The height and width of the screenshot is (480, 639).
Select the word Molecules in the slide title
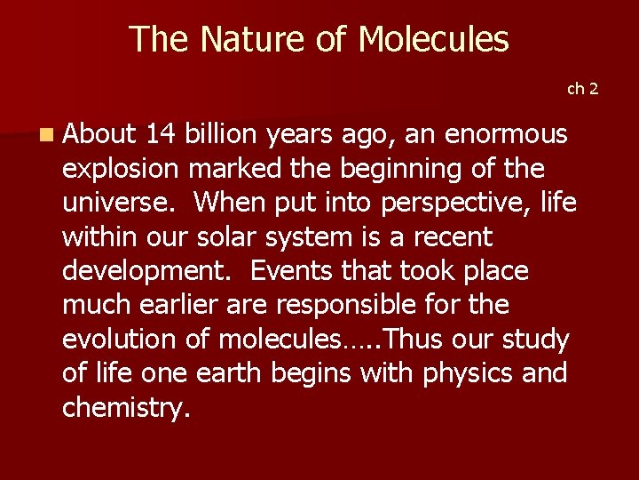coord(433,39)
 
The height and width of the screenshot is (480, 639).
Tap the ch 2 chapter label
coord(583,88)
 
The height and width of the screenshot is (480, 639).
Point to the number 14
coord(160,134)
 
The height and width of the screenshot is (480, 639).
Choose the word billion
coord(222,134)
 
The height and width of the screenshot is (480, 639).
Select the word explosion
coord(122,169)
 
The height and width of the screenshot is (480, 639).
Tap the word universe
coord(120,203)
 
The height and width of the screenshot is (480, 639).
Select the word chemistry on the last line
coord(125,408)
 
